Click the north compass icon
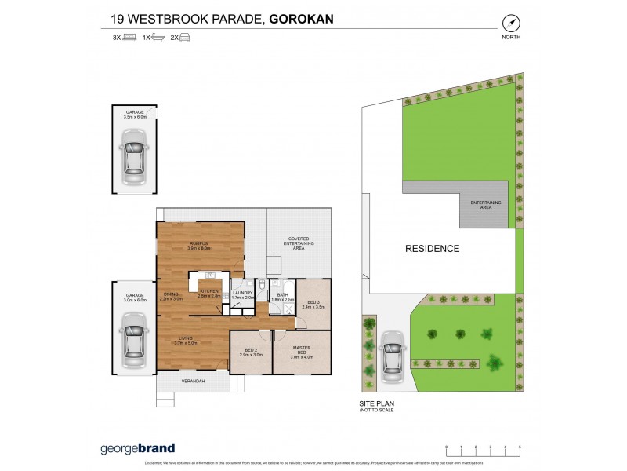[x=513, y=23]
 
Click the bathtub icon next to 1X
[x=158, y=37]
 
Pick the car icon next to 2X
[x=185, y=37]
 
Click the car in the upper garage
[x=136, y=152]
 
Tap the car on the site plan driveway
[x=391, y=357]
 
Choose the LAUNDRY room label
[x=242, y=294]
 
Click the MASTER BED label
[x=302, y=351]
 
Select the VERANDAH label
[x=193, y=381]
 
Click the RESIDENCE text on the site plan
[x=431, y=249]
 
